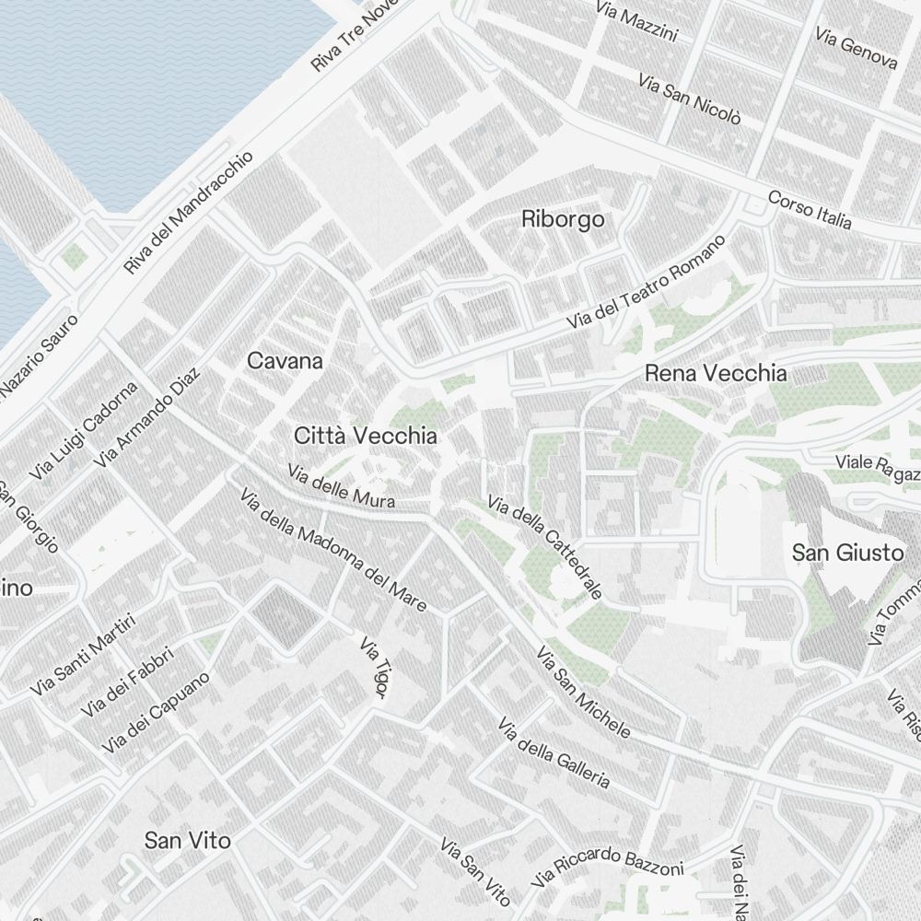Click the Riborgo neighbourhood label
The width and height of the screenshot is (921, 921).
(x=563, y=219)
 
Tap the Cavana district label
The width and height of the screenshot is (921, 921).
(x=285, y=361)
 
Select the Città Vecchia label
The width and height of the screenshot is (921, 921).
(x=365, y=436)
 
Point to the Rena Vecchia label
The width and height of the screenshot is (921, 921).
(x=716, y=373)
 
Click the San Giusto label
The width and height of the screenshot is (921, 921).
(x=835, y=553)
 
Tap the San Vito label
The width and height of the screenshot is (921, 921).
(x=187, y=840)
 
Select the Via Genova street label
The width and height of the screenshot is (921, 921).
(x=856, y=48)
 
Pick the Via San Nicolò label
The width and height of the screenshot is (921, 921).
(x=689, y=99)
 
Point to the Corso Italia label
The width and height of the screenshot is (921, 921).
(x=810, y=211)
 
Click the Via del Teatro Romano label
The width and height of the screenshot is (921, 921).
(x=647, y=283)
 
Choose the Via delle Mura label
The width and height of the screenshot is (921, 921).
(x=341, y=486)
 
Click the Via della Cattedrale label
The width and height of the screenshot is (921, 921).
(x=544, y=548)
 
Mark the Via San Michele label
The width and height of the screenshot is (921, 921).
(x=584, y=694)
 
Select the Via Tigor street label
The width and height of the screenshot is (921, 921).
(x=373, y=667)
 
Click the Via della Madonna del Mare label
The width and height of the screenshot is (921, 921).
(x=333, y=550)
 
